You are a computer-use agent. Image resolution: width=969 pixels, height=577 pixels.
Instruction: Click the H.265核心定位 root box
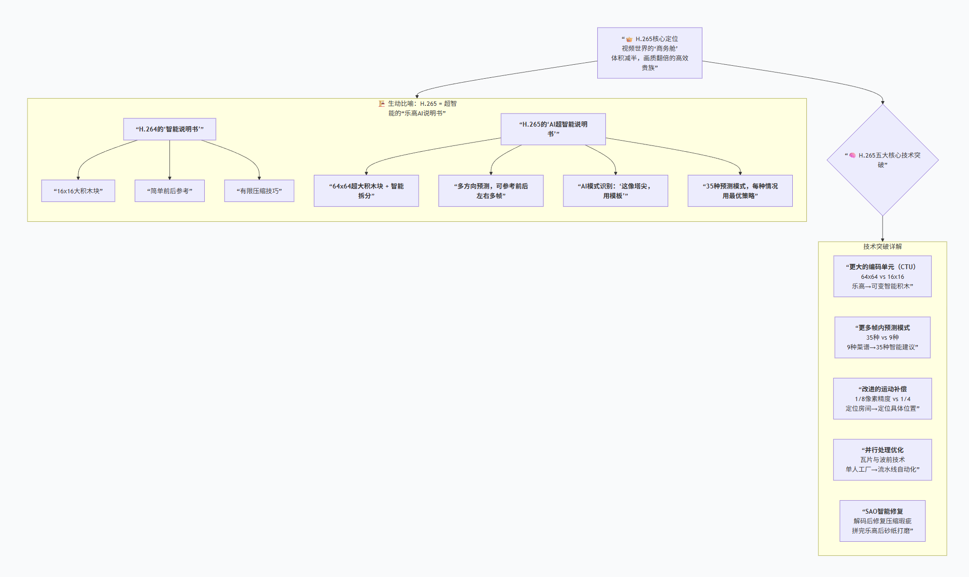(x=649, y=53)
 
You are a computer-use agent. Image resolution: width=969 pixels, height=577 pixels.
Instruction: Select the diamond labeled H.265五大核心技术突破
(x=883, y=160)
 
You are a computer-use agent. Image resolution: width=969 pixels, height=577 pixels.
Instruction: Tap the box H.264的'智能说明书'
(x=169, y=129)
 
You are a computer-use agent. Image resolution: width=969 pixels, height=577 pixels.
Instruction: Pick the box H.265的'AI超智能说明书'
(x=553, y=129)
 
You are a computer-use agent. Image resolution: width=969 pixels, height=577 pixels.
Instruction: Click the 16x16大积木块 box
(x=78, y=191)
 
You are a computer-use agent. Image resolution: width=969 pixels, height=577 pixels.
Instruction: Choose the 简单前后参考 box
(x=169, y=191)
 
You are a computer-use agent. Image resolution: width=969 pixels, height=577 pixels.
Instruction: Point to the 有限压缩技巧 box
(x=259, y=191)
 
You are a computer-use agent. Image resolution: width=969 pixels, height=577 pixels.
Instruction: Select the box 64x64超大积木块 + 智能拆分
(x=366, y=191)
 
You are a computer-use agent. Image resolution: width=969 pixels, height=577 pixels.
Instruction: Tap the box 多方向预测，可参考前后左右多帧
(x=491, y=191)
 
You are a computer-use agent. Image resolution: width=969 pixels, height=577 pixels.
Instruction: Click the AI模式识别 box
(x=616, y=191)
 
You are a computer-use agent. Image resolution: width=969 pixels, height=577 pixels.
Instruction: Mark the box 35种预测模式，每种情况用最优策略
(x=740, y=191)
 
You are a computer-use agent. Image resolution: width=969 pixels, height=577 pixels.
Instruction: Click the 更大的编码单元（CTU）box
(x=883, y=276)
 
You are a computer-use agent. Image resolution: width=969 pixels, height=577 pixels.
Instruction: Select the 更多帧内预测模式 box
(x=883, y=337)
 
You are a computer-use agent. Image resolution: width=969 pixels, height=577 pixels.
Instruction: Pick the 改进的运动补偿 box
(x=883, y=399)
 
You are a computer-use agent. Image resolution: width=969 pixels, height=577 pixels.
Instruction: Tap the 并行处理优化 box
(x=883, y=460)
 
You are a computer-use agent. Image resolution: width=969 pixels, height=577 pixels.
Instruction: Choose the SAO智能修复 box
(x=883, y=521)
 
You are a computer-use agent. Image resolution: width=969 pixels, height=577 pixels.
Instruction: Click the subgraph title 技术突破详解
(x=883, y=246)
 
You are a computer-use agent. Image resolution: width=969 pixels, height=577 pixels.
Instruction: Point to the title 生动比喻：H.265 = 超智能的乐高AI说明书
(x=417, y=108)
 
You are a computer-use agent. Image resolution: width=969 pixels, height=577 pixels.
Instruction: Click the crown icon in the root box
(x=629, y=39)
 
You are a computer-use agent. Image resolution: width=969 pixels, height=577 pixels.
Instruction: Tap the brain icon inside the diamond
(x=853, y=156)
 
